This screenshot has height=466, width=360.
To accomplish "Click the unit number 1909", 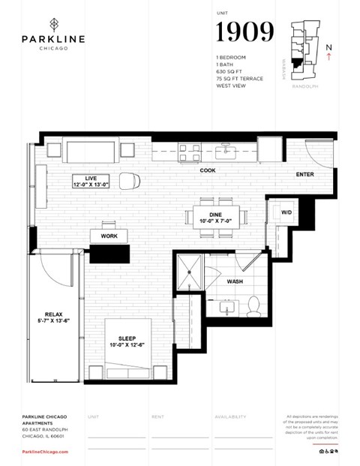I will click(244, 32).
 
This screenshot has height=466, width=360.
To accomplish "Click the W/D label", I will click(286, 212).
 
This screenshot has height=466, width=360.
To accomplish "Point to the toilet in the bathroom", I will click(253, 305).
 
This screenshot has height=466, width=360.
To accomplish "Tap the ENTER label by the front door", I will click(304, 175).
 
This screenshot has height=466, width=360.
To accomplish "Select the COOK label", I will click(208, 170).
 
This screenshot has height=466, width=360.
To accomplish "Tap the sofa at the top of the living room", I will click(90, 151).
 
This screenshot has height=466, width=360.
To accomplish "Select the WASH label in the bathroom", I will click(235, 281).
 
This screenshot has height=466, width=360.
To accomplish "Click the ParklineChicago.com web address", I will click(45, 452).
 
